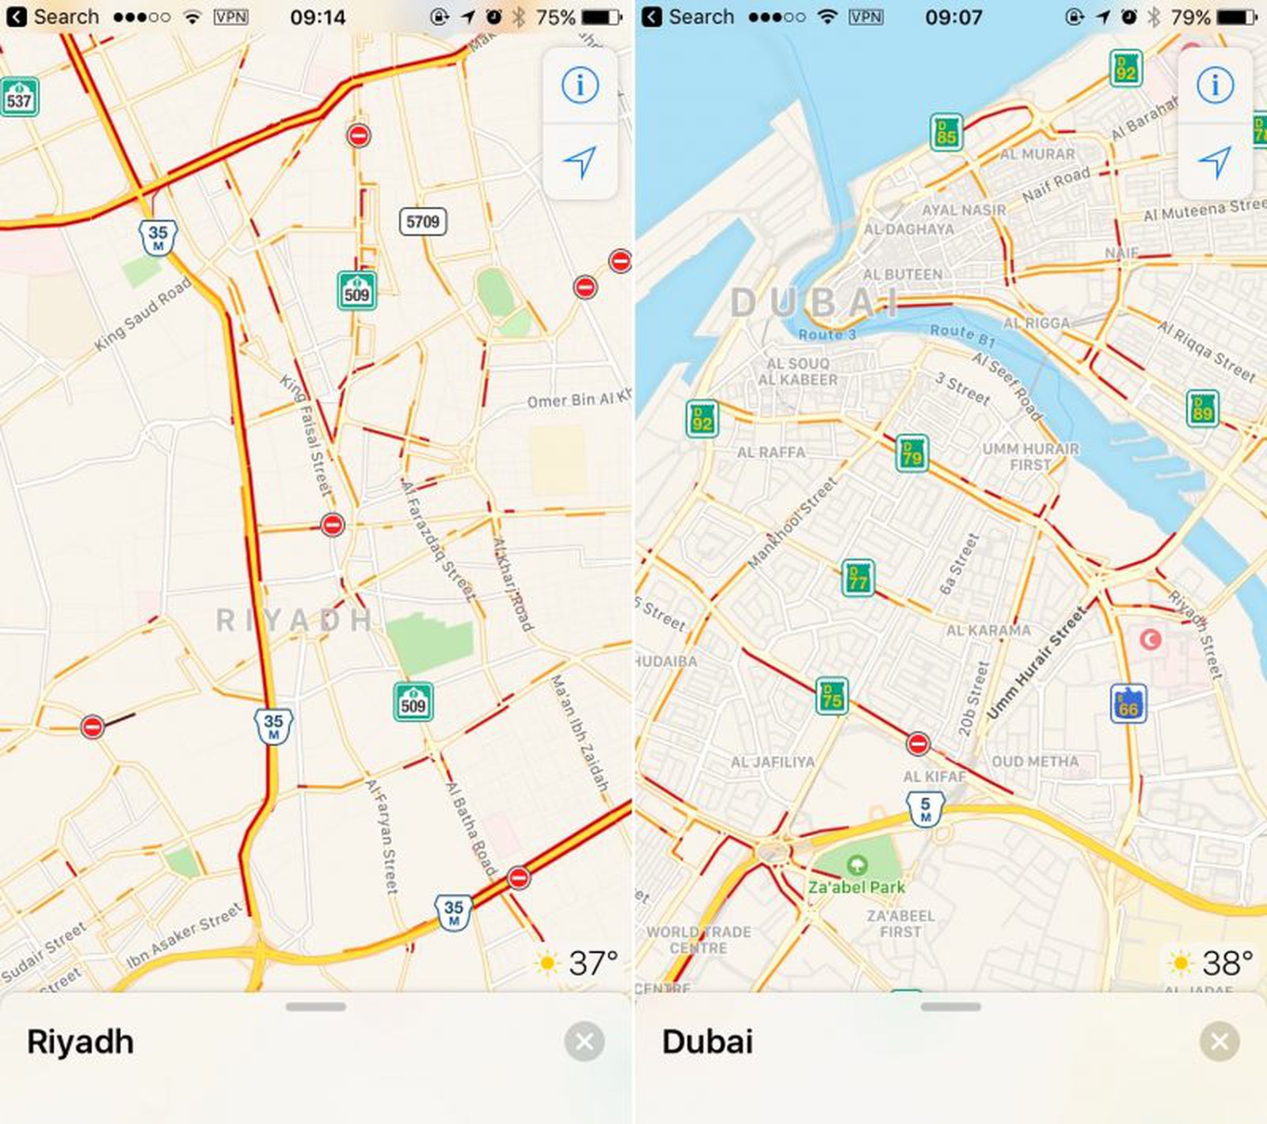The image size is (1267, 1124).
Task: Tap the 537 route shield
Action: (18, 98)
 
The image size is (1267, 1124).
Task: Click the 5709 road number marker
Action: (422, 222)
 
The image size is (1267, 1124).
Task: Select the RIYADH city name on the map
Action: (294, 620)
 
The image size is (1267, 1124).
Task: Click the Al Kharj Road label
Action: (512, 584)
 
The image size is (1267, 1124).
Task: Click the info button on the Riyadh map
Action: (580, 85)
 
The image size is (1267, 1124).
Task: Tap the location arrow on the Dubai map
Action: (1215, 161)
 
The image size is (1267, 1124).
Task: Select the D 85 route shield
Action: (946, 132)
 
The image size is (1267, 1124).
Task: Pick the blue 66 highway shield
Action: (1128, 704)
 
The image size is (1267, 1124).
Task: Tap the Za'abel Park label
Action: (856, 887)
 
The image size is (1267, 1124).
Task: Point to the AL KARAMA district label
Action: (988, 631)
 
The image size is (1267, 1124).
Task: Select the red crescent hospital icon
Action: (1150, 639)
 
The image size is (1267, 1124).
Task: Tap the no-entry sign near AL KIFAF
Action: (918, 744)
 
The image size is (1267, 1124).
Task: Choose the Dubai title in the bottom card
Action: (707, 1042)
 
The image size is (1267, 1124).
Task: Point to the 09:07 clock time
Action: (953, 17)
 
